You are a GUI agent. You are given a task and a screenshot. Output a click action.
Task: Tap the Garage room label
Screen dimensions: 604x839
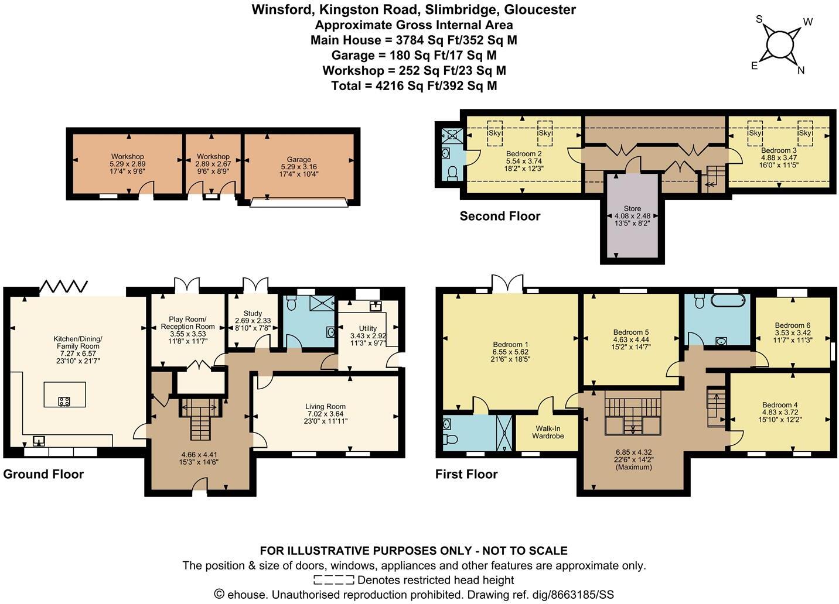(x=299, y=159)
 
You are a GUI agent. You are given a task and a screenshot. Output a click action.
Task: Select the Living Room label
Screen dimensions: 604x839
(x=325, y=406)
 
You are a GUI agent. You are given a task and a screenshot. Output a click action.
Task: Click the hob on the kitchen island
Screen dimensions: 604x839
(x=64, y=401)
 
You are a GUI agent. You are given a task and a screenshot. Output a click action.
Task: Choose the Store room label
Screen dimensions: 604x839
(x=632, y=208)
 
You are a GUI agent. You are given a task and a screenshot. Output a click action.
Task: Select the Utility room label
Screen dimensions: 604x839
(x=367, y=328)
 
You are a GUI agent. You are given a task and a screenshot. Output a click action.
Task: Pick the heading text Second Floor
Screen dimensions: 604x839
(x=500, y=216)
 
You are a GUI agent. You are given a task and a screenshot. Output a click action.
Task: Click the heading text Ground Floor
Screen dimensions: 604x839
(x=43, y=474)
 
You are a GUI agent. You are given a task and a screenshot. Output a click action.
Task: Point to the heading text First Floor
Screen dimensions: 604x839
(x=466, y=474)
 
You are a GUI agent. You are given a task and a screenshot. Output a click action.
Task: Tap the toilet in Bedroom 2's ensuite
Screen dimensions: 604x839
(x=451, y=173)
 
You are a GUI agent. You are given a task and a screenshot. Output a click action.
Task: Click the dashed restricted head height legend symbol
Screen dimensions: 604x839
(x=334, y=580)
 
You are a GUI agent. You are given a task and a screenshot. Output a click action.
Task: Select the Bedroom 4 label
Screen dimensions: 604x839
(x=779, y=405)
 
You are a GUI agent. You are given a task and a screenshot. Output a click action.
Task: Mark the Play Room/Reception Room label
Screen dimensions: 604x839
(x=187, y=322)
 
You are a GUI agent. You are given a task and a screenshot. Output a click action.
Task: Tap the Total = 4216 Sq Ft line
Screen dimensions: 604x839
(x=414, y=85)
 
